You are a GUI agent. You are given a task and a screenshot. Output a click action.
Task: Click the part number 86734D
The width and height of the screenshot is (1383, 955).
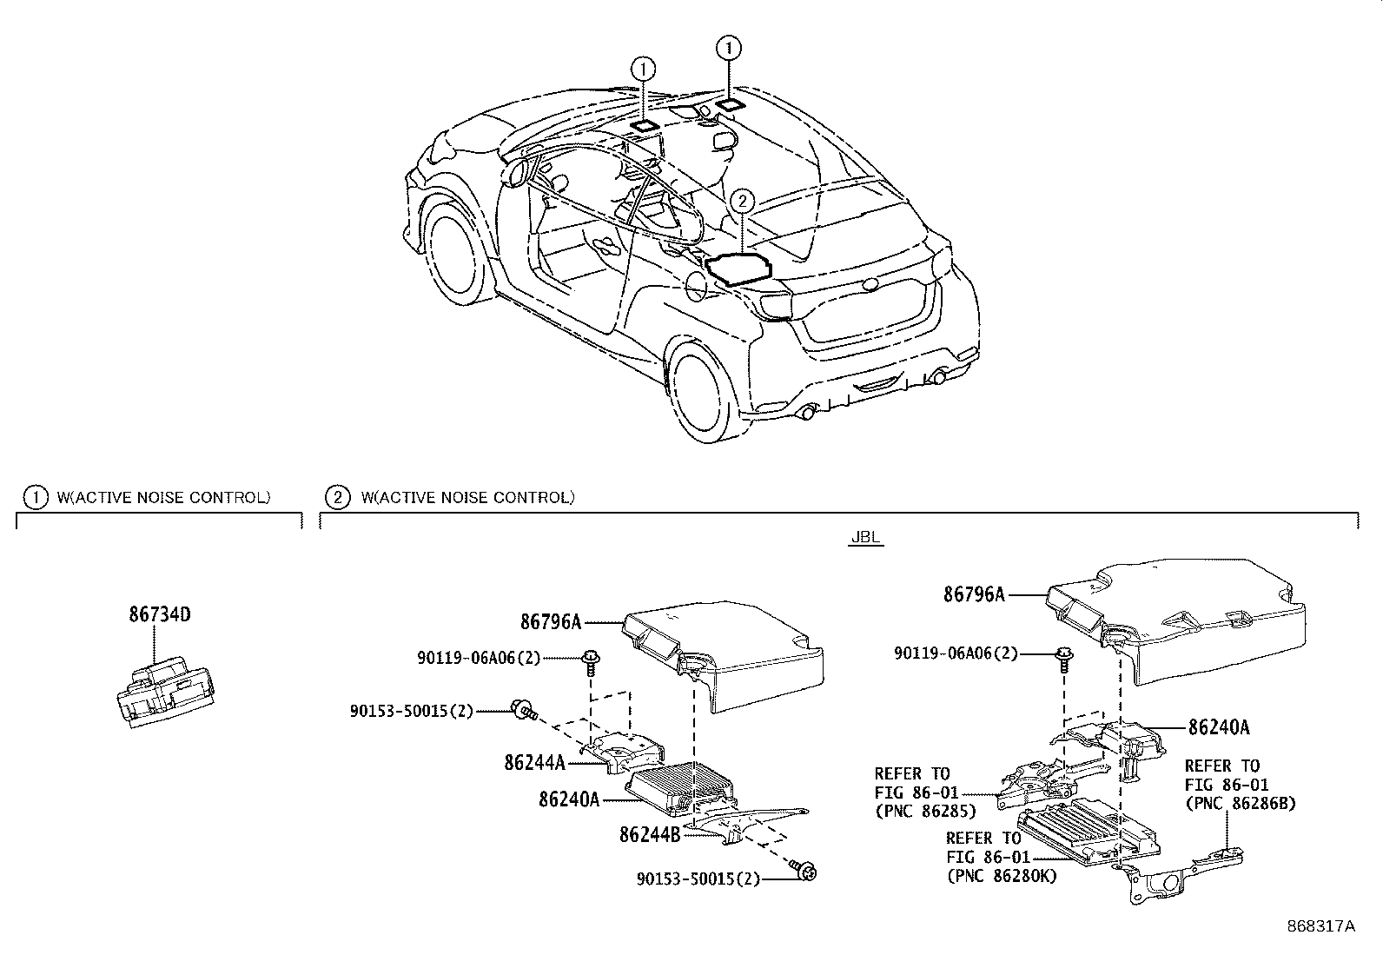tap(159, 614)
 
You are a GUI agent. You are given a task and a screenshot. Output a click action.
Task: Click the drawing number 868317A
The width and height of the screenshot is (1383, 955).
tap(1320, 926)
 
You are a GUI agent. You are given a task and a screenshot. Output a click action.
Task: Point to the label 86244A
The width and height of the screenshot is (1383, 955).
tap(534, 762)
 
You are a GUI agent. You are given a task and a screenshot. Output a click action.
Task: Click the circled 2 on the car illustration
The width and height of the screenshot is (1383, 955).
tap(740, 202)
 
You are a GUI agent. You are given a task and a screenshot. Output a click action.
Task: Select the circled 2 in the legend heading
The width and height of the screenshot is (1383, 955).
tap(336, 497)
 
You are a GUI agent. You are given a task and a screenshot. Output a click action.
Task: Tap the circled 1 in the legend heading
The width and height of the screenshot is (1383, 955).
tap(35, 497)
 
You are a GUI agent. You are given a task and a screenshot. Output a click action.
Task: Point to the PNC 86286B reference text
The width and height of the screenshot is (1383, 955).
tap(1240, 804)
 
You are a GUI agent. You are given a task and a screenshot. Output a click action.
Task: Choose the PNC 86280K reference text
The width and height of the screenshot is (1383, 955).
tap(1001, 876)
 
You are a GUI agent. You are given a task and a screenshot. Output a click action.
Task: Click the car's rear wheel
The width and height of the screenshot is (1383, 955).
tap(706, 390)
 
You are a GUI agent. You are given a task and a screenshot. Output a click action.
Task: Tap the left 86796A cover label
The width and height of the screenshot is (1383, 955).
tap(551, 621)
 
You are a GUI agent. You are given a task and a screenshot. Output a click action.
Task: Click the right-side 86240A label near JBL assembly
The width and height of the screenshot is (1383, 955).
tap(1219, 728)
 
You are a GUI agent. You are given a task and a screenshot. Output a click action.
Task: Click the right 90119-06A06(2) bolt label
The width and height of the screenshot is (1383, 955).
tap(956, 653)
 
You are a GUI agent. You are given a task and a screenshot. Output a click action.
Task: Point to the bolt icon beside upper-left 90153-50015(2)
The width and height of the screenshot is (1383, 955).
tap(523, 710)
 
